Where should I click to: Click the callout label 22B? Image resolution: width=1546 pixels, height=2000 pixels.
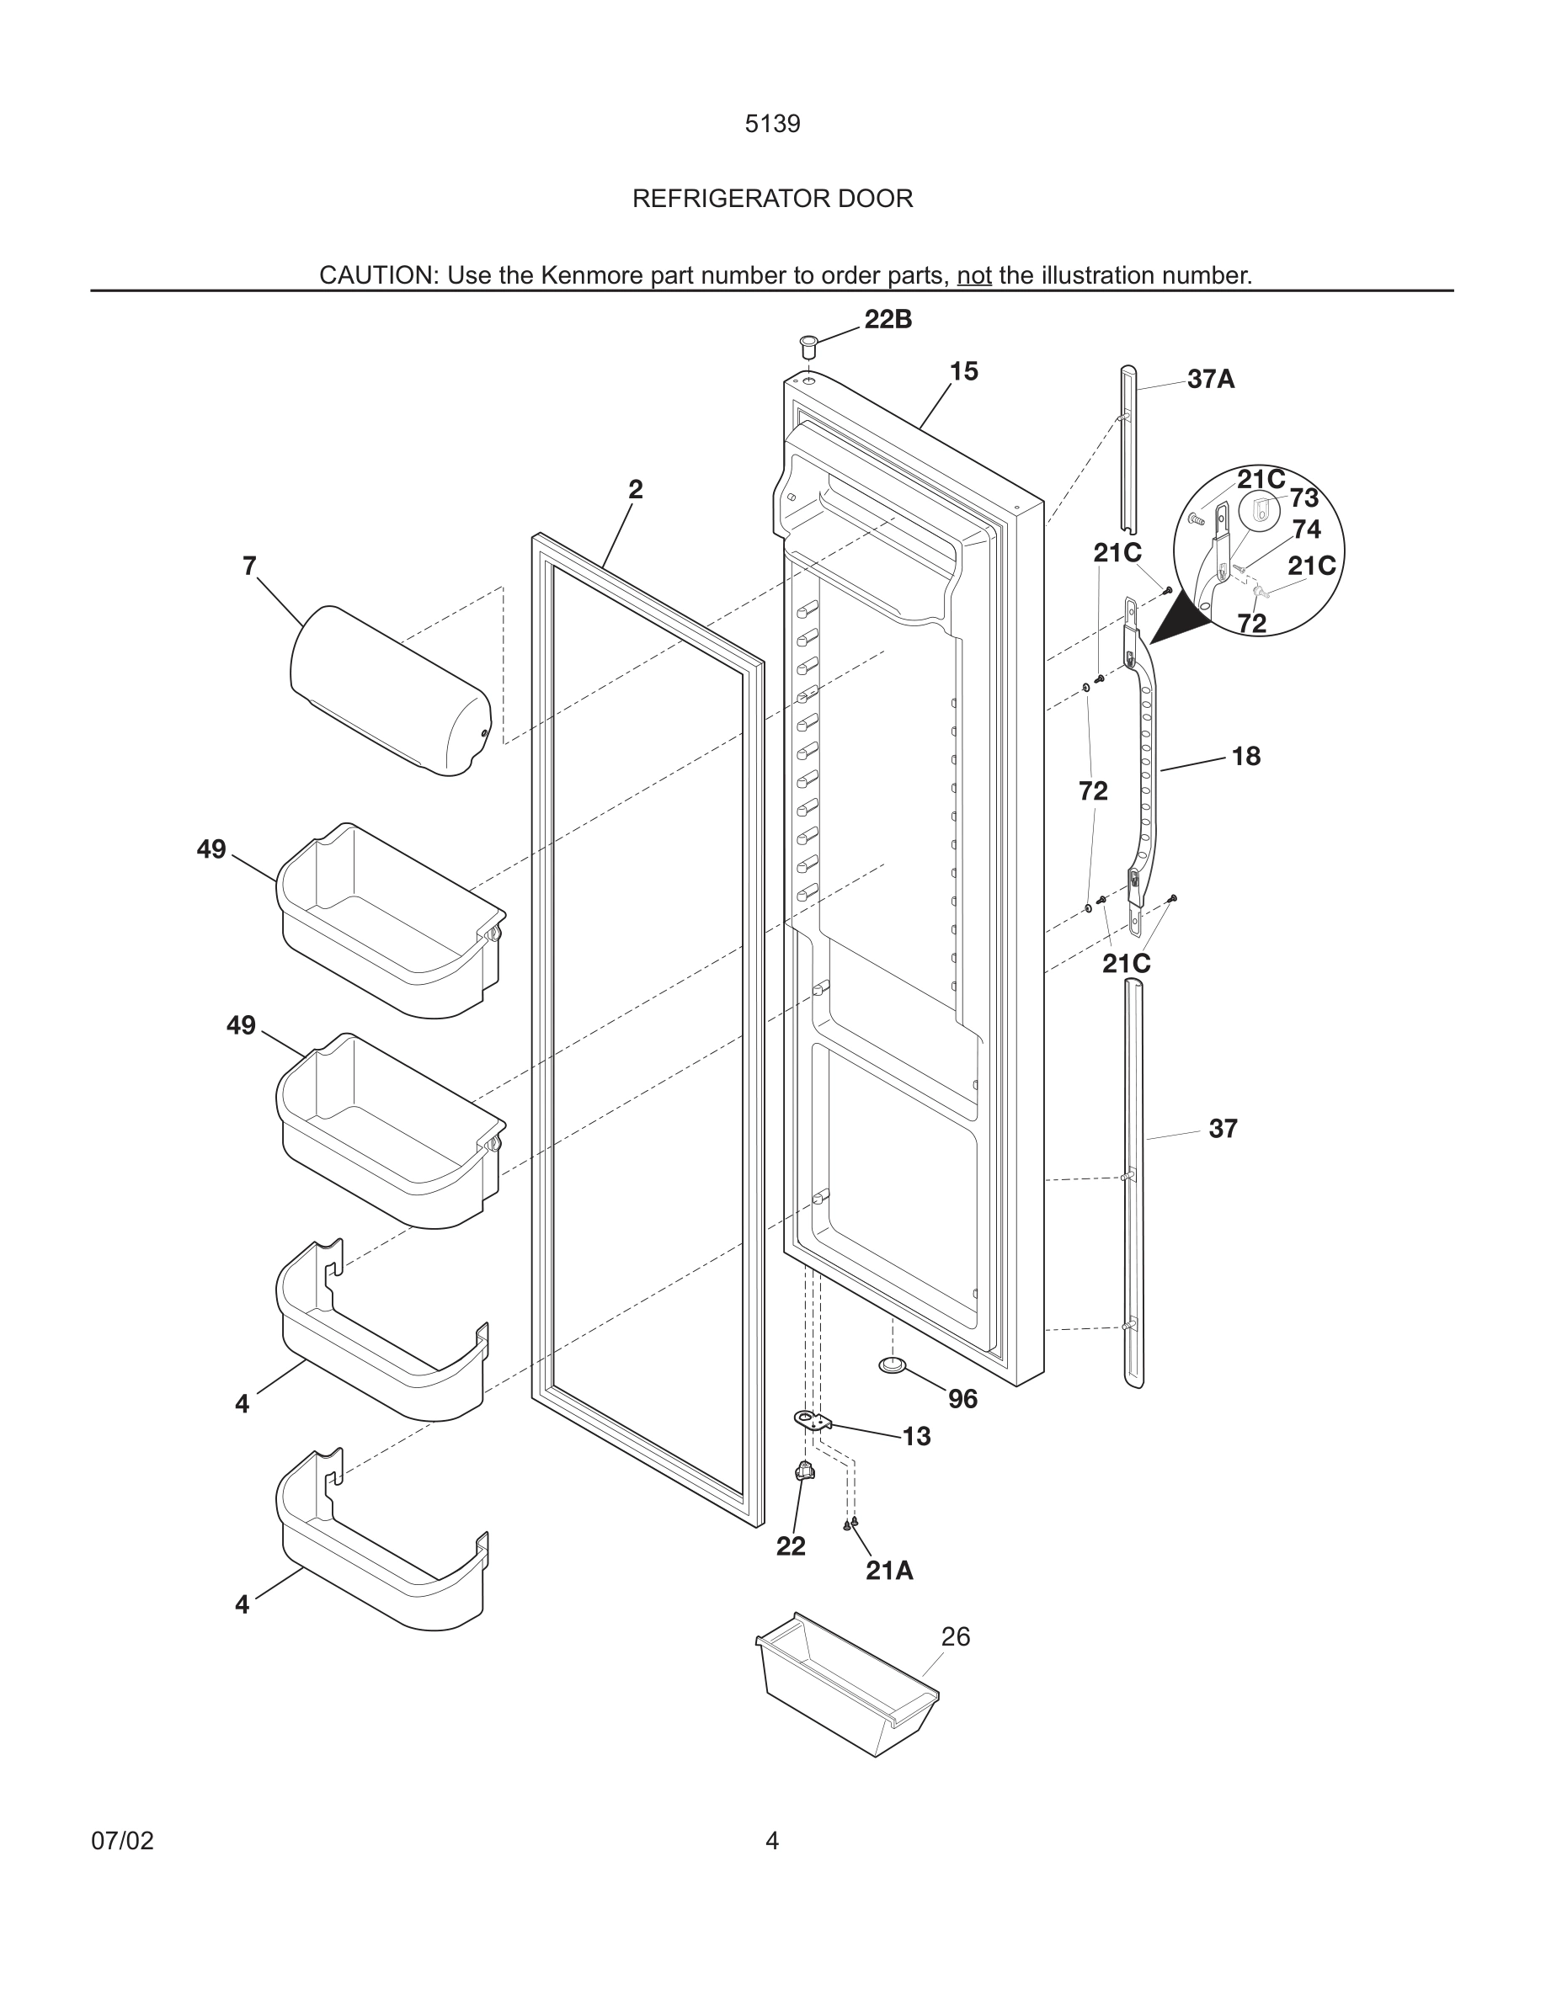pos(888,320)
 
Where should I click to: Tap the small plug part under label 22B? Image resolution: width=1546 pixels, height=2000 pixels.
pos(808,346)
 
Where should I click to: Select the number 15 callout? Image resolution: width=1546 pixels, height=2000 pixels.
pos(963,371)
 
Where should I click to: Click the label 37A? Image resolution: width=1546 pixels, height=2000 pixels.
pos(1211,379)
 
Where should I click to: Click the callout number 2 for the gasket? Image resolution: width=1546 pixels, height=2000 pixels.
pos(636,489)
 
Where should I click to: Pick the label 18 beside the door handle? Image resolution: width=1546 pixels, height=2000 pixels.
pos(1245,757)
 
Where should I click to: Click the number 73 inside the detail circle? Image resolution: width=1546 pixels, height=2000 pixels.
pos(1304,498)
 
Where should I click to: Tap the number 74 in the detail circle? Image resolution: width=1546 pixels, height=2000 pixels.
pos(1307,529)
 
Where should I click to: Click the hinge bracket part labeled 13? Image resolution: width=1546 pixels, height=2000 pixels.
pos(813,1420)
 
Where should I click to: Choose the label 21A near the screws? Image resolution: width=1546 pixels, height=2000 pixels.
pos(889,1571)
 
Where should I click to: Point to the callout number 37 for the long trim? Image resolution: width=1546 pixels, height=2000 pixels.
pos(1223,1129)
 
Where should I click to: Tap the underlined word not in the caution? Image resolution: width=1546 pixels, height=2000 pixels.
pos(973,275)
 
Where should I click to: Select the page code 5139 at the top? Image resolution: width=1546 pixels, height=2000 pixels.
pos(772,125)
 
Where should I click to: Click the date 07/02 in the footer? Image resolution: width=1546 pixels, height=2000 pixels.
pos(122,1841)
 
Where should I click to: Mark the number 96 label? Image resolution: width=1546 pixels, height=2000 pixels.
pos(962,1398)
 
